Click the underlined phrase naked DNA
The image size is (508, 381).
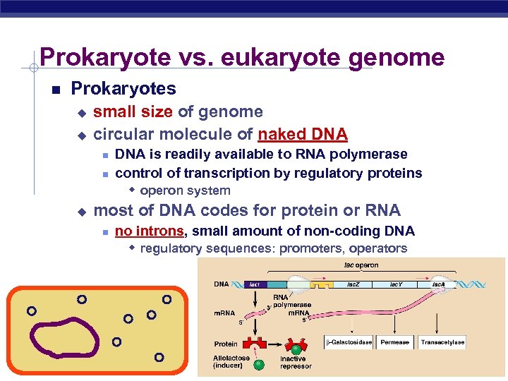click(303, 134)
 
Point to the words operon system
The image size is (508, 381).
click(185, 190)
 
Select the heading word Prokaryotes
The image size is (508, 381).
click(123, 89)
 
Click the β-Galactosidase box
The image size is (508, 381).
click(349, 342)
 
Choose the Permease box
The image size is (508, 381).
click(394, 342)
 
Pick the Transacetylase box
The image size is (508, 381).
click(442, 342)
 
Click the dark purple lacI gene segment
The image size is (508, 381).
click(254, 284)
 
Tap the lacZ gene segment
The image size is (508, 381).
click(351, 284)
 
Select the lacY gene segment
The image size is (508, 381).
click(397, 284)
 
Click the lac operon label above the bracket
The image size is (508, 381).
click(361, 265)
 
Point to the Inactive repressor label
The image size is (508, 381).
click(296, 363)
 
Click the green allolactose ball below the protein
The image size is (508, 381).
click(259, 365)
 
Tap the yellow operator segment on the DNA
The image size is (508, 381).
click(322, 286)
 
